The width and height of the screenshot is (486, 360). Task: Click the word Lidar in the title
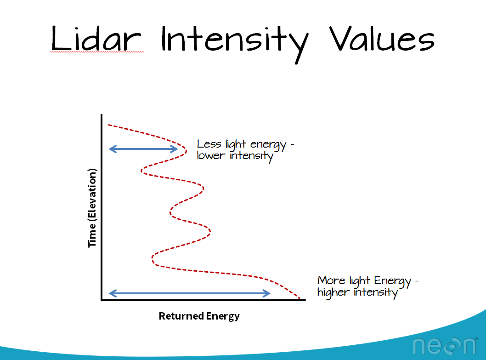tap(96, 39)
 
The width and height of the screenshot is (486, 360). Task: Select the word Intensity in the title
tap(235, 43)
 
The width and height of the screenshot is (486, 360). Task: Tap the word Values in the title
tap(382, 39)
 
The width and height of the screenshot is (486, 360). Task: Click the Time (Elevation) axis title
tap(92, 208)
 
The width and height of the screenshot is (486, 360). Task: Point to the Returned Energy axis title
tap(199, 316)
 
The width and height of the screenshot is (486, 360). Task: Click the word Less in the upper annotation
tap(209, 144)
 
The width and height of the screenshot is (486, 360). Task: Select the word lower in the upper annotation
tap(211, 155)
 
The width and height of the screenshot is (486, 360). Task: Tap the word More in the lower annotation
tap(331, 280)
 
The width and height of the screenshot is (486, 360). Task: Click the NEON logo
tap(445, 346)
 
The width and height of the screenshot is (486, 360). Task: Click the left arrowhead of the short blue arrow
tap(112, 149)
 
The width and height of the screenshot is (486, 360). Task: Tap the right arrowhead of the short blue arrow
tap(174, 149)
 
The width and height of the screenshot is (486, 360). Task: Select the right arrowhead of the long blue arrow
tap(266, 293)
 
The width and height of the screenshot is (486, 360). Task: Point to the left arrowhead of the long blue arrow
tap(112, 293)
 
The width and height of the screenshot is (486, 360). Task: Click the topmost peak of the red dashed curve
tap(186, 151)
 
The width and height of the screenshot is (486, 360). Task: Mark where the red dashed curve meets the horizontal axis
tap(300, 299)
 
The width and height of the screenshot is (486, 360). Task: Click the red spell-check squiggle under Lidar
tap(97, 52)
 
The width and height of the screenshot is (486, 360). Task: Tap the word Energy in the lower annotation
tap(392, 281)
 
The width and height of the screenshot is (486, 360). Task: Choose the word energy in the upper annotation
tap(268, 145)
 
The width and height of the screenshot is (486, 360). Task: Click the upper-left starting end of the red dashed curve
tap(108, 125)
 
